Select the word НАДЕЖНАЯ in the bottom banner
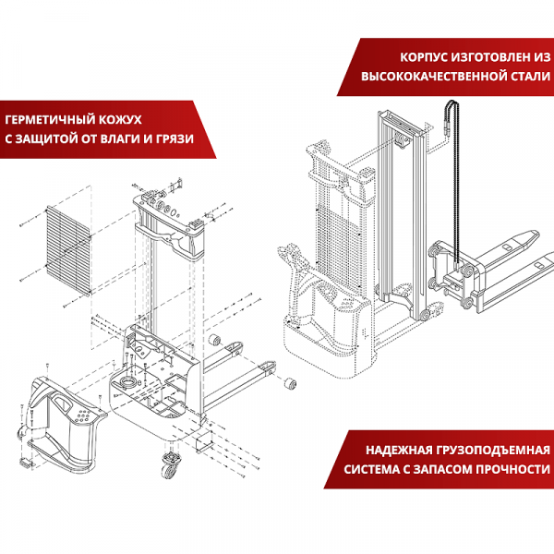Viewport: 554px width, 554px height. [x=398, y=451]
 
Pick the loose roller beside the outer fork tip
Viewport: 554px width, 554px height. [x=290, y=381]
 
